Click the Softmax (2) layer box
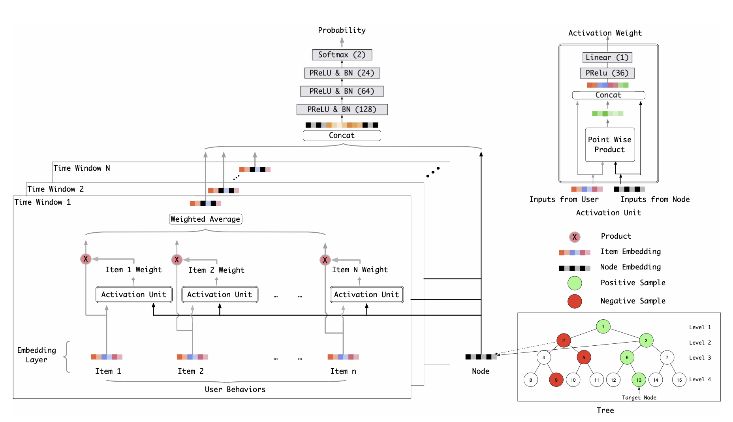342,55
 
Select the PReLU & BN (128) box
342,109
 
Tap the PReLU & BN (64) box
342,91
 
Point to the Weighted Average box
205,219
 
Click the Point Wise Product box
610,145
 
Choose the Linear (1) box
607,57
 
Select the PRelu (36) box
607,73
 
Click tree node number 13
639,380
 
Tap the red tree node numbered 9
556,380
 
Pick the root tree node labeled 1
603,326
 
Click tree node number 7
667,358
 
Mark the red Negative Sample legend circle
575,301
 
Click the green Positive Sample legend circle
575,283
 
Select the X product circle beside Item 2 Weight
177,260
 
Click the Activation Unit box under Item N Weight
366,294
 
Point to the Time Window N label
82,168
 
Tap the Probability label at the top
342,30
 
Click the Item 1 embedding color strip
107,357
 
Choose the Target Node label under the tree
639,398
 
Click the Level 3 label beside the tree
700,358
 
